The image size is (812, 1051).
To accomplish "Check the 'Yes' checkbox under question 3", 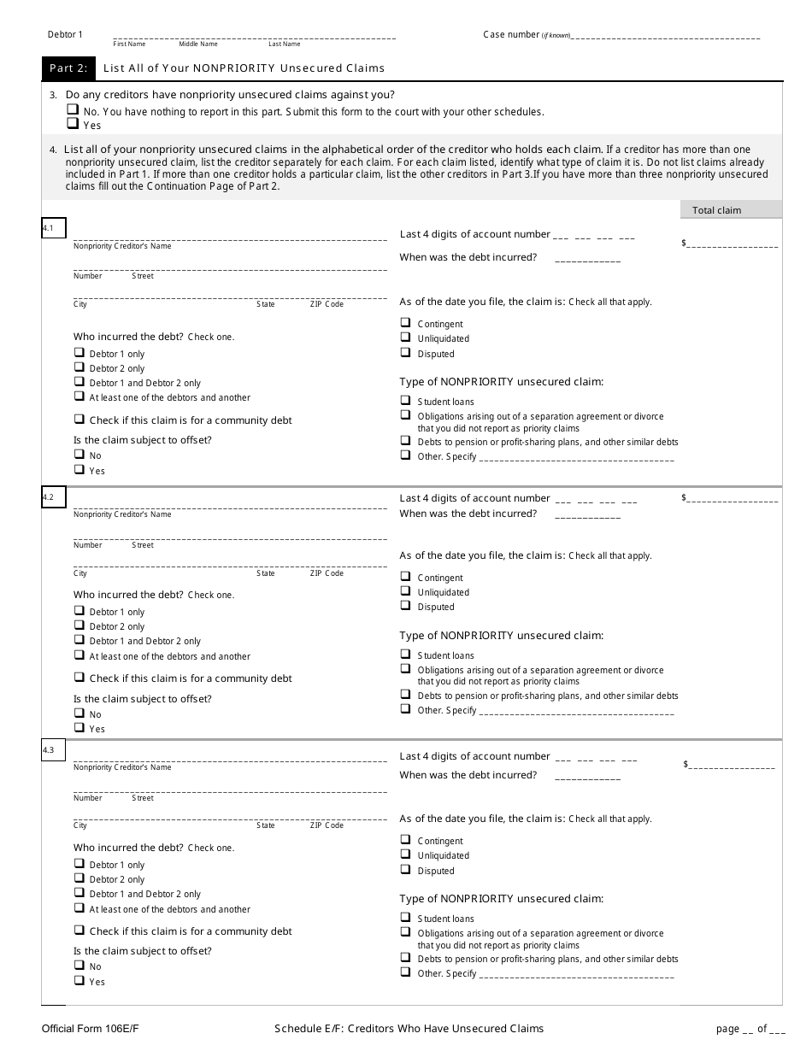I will [73, 125].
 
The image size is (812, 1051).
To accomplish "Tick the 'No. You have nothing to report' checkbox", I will [73, 111].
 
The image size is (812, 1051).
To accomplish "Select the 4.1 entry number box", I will [53, 228].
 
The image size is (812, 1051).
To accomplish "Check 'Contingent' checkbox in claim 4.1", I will [405, 324].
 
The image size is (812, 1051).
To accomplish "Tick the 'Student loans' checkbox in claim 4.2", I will [405, 655].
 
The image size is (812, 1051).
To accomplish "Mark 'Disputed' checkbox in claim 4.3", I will [405, 871].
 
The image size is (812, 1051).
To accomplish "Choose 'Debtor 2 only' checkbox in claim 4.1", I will [79, 368].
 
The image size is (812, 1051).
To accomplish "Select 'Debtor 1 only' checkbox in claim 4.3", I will [79, 865].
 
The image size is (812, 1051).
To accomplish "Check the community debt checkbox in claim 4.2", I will [79, 678].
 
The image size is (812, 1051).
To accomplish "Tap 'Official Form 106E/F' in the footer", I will [81, 1029].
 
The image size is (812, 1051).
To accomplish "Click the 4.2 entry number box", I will [53, 497].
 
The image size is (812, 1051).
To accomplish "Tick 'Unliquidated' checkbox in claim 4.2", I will [405, 592].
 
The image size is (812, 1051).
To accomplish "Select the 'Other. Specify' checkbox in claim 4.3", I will [405, 973].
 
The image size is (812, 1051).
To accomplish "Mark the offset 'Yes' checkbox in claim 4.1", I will [79, 470].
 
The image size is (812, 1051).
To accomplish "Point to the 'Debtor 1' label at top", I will [66, 34].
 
